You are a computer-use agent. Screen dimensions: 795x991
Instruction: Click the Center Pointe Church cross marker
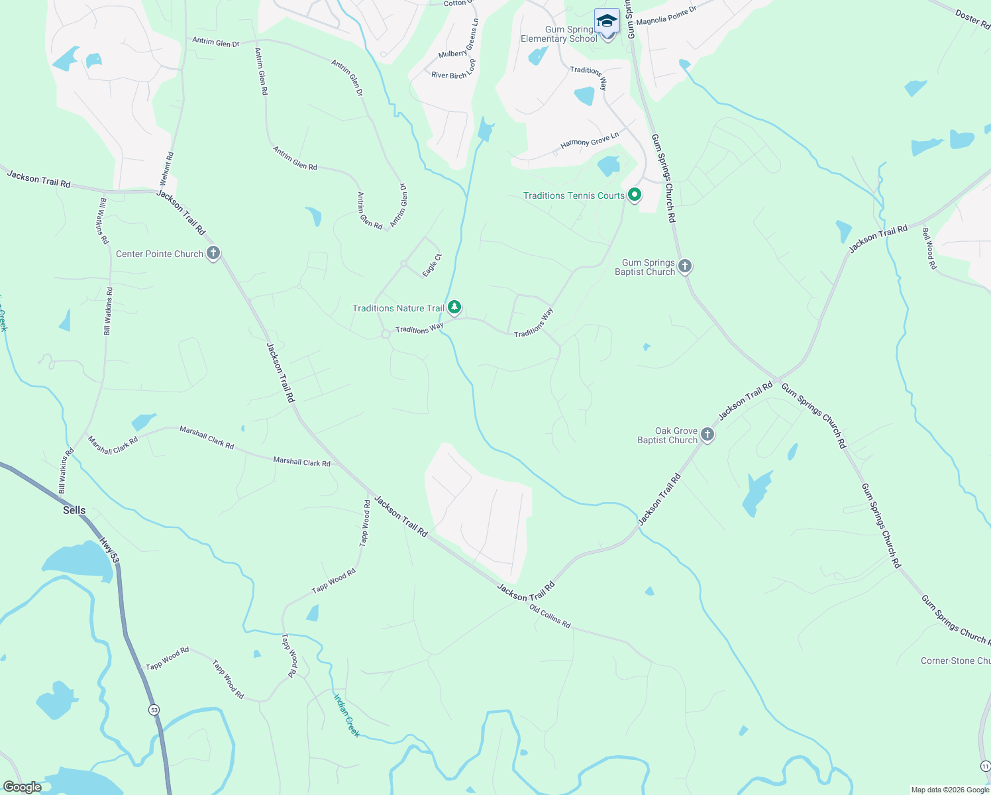point(213,253)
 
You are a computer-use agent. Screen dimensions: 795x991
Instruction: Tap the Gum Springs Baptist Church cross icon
point(685,266)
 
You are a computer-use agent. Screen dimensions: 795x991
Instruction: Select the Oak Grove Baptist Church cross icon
point(707,435)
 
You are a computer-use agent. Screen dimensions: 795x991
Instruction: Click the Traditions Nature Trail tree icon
point(454,307)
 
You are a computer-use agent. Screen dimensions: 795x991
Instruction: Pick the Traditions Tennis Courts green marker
point(635,195)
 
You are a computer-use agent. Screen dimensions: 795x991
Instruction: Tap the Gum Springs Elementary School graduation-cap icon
point(607,22)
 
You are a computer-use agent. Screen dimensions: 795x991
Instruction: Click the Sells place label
point(74,510)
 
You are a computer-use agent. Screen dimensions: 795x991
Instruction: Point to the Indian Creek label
point(346,715)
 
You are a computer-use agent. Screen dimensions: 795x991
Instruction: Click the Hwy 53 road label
point(109,550)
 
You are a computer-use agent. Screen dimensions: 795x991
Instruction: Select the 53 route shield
point(154,710)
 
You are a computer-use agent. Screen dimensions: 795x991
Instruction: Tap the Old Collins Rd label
point(550,616)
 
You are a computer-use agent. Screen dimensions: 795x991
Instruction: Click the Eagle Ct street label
point(431,266)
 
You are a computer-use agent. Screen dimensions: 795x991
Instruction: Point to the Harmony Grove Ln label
point(590,140)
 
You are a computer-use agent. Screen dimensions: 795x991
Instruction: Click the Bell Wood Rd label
point(929,248)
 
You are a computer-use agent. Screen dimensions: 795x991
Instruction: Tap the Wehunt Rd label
point(166,170)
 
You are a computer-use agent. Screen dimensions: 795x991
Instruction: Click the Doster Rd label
point(972,19)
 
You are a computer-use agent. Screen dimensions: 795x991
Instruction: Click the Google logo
point(22,786)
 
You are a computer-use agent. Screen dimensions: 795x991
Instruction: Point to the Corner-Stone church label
point(955,661)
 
